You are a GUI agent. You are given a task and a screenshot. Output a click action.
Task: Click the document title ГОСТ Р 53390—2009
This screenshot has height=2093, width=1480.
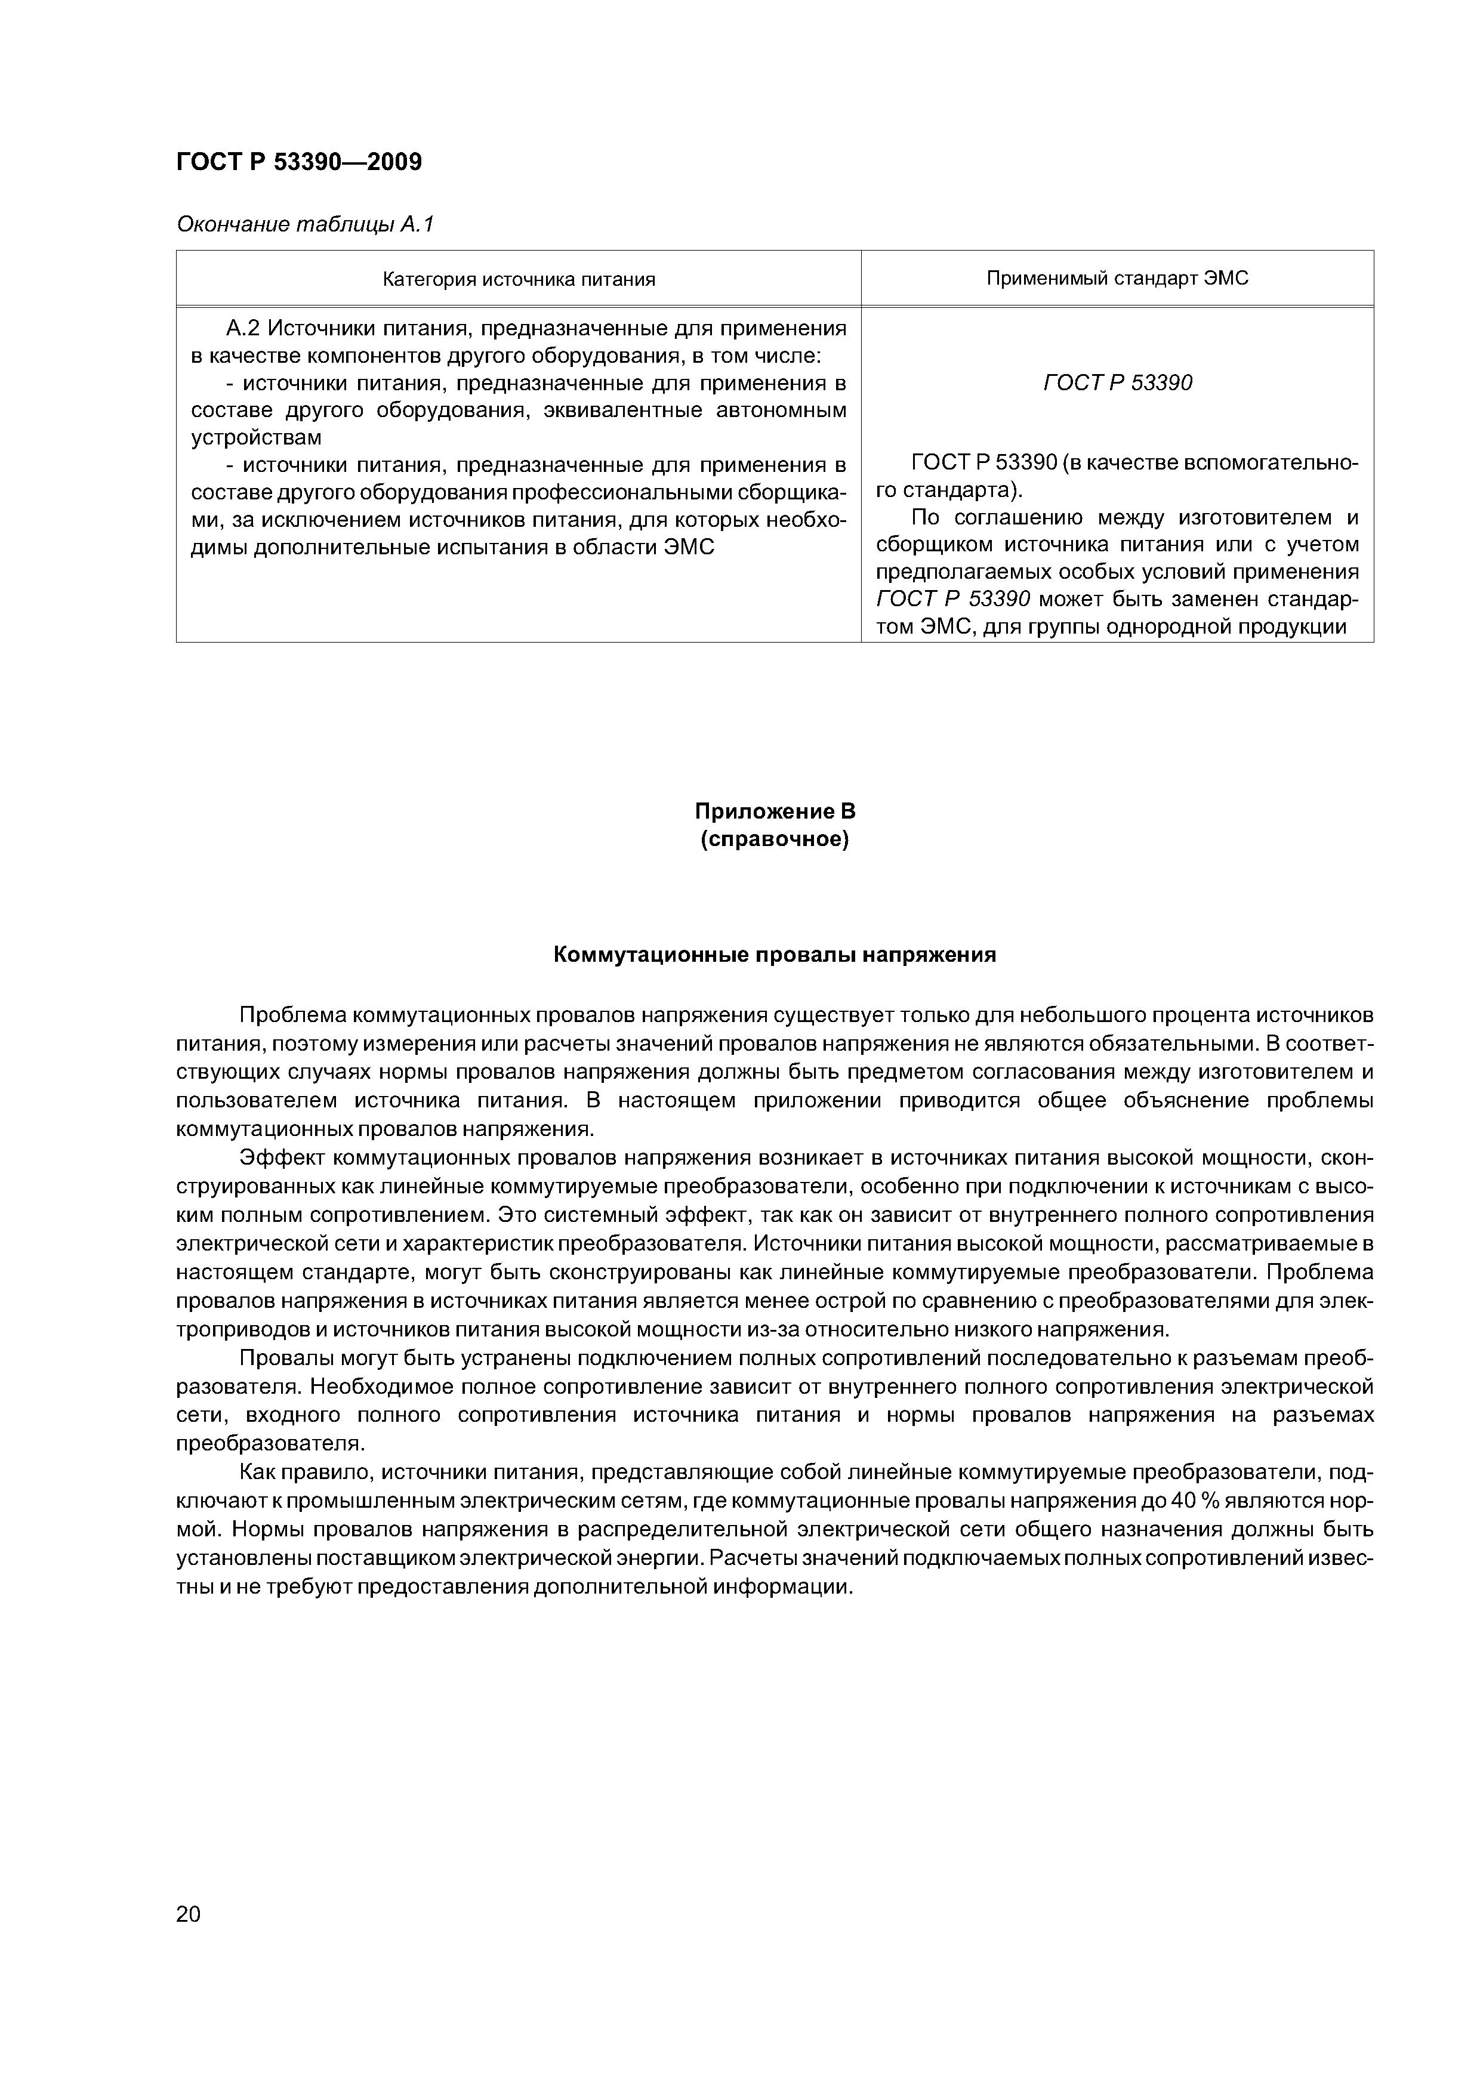(298, 162)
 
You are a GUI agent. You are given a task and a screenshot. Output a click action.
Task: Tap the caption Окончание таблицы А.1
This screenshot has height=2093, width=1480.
(304, 224)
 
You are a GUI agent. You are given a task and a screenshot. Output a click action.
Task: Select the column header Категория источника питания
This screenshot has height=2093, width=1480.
(518, 280)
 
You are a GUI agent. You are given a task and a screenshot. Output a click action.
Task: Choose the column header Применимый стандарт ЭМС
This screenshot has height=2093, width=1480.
(1117, 278)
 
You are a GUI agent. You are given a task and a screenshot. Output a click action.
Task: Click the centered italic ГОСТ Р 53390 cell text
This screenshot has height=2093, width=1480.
(1117, 383)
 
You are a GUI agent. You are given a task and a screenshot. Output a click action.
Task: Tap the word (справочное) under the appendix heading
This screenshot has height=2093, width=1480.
(774, 839)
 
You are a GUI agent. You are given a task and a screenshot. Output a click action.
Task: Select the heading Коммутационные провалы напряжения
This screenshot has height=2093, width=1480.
(774, 955)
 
